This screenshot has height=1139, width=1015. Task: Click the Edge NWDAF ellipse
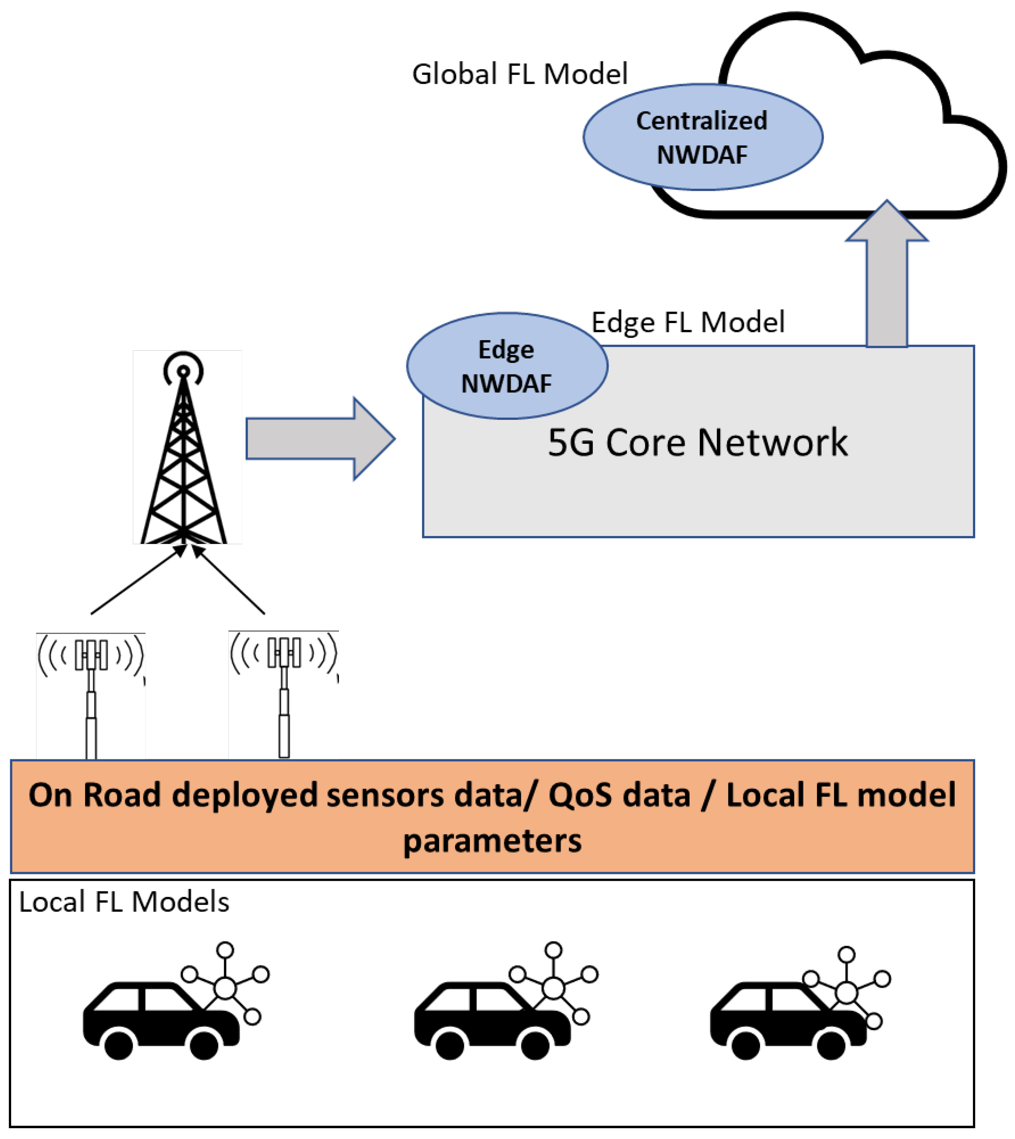507,366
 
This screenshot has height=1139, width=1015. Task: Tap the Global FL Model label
520,74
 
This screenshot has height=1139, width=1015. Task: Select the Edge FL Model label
688,322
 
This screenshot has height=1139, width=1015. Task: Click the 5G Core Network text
698,443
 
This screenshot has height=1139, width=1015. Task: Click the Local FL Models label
124,902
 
